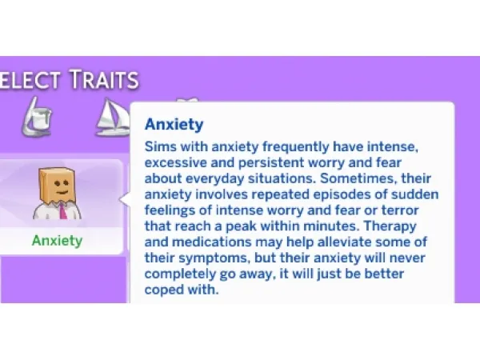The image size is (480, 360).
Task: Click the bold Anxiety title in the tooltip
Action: tap(174, 125)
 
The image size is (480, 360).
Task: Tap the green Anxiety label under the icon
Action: tap(57, 239)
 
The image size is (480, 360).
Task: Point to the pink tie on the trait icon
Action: tap(61, 211)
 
